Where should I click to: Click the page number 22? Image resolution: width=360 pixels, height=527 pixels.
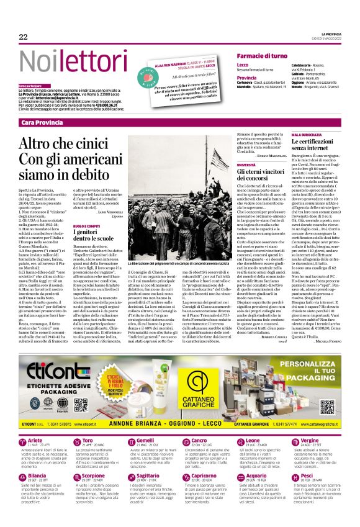[24, 37]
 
